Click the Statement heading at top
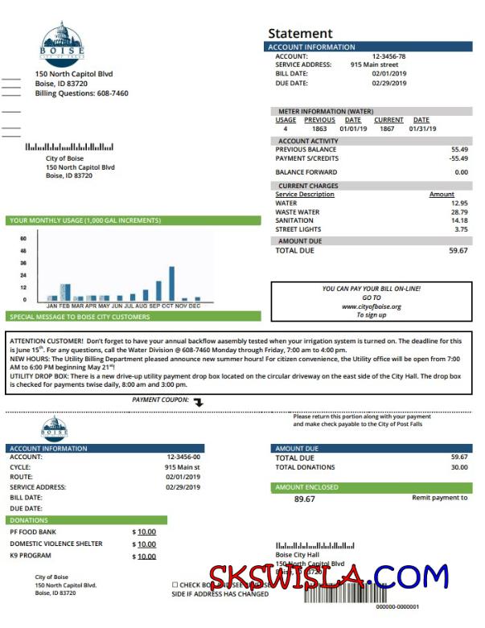click(x=300, y=33)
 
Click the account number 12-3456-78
click(x=388, y=56)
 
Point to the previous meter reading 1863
click(x=319, y=129)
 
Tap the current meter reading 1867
click(x=388, y=129)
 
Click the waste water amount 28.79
click(x=458, y=212)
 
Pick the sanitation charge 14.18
click(x=458, y=221)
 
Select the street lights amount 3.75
click(x=461, y=230)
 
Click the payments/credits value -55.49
click(x=458, y=158)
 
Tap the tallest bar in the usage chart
click(x=171, y=283)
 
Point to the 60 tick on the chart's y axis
click(x=23, y=239)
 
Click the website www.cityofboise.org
click(x=371, y=306)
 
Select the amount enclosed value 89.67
click(x=304, y=499)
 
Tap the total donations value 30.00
click(x=458, y=467)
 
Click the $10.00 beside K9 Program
click(x=146, y=556)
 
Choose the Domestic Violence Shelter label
click(x=56, y=544)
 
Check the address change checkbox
click(x=175, y=585)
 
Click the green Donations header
click(x=87, y=520)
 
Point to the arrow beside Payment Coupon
click(x=199, y=401)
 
